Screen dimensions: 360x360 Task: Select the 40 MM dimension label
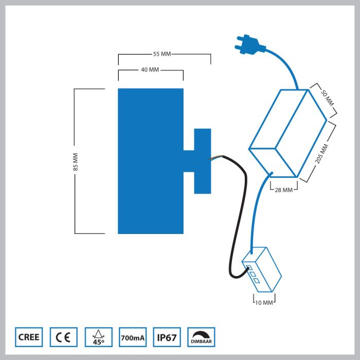(x=150, y=70)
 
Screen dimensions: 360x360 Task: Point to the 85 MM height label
(x=75, y=161)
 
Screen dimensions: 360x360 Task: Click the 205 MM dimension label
(x=320, y=153)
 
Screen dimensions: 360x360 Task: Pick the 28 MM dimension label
(x=283, y=190)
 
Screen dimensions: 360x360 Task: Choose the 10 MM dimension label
(x=264, y=302)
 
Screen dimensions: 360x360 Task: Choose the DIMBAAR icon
(x=202, y=337)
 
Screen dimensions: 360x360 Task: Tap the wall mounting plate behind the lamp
(x=202, y=161)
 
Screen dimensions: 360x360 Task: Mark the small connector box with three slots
(x=263, y=271)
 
